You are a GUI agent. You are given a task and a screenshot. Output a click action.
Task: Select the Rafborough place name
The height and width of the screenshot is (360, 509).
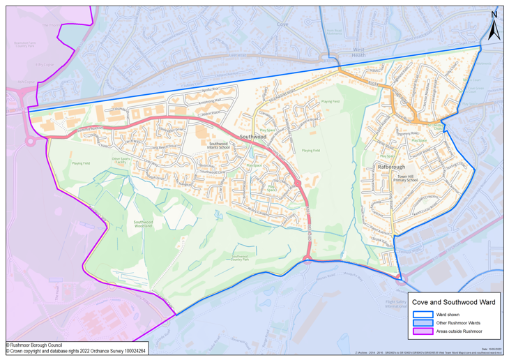pyautogui.click(x=390, y=167)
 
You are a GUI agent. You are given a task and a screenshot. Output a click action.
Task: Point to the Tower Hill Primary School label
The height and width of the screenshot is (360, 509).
pyautogui.click(x=402, y=179)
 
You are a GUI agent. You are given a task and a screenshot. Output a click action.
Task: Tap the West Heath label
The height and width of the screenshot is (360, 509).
pyautogui.click(x=358, y=53)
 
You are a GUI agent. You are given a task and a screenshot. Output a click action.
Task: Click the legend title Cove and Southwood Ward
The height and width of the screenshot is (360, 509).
pyautogui.click(x=454, y=302)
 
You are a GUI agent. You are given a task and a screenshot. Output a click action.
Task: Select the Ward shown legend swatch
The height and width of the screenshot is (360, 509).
pyautogui.click(x=423, y=315)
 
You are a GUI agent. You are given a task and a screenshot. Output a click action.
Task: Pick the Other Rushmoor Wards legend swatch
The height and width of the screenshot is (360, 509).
pyautogui.click(x=423, y=323)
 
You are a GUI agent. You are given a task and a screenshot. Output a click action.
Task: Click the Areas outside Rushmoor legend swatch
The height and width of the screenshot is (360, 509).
pyautogui.click(x=423, y=331)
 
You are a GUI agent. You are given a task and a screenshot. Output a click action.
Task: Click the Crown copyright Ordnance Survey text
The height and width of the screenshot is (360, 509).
pyautogui.click(x=75, y=351)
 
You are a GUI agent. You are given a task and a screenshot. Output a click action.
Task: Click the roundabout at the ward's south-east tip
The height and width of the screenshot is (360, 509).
pyautogui.click(x=400, y=278)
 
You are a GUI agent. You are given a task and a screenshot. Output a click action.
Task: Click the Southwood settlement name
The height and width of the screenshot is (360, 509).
pyautogui.click(x=253, y=137)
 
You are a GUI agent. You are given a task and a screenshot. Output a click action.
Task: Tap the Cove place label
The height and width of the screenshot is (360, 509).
pyautogui.click(x=282, y=24)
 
